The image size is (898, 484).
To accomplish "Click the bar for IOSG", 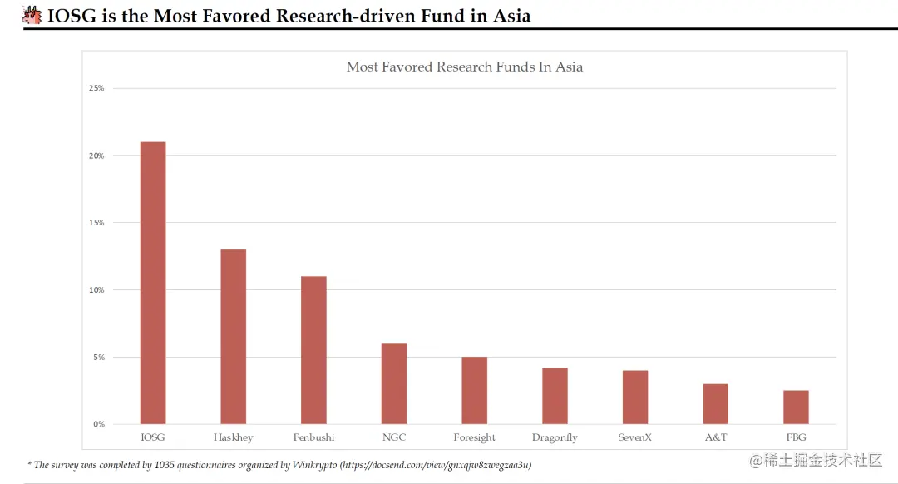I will point(153,283).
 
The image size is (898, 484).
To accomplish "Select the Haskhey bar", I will point(233,337).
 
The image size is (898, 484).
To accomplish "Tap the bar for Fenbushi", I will point(313,350).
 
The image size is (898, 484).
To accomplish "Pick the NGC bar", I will point(394,383).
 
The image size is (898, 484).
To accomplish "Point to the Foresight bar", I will point(474,390).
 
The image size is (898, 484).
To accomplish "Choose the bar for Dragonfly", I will point(555,396).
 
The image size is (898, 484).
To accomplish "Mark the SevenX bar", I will point(635,397).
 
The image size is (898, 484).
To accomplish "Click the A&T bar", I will point(715,403).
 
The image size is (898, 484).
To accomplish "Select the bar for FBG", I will point(796,407).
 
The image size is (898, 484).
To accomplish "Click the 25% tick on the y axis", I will point(96,88).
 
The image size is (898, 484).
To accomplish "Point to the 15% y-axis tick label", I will point(96,223).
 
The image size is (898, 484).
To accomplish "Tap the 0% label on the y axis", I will point(98,424).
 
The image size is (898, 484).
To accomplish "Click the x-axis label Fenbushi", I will point(313,437).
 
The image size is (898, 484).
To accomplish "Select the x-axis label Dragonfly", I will point(555,437).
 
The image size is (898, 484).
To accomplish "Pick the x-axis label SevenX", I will point(635,437).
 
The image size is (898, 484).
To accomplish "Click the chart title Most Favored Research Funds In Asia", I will point(464,67).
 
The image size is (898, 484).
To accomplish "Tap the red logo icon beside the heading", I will point(32,15).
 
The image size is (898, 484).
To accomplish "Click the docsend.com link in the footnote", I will point(437,465).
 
